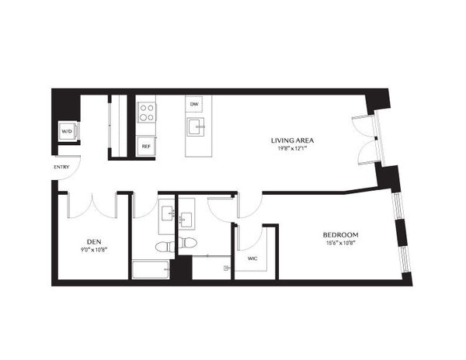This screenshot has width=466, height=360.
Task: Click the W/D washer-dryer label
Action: pyautogui.click(x=67, y=131)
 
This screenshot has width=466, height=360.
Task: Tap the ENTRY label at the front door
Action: pyautogui.click(x=61, y=167)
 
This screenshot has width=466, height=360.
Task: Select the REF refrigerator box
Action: pyautogui.click(x=146, y=147)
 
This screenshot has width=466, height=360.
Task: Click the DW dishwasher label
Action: pyautogui.click(x=194, y=104)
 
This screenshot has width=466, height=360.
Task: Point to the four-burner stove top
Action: pyautogui.click(x=147, y=112)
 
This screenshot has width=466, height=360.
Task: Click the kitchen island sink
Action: pyautogui.click(x=196, y=126)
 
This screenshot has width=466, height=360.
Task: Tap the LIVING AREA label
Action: pyautogui.click(x=293, y=140)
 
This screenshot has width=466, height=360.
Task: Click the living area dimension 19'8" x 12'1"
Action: pyautogui.click(x=293, y=149)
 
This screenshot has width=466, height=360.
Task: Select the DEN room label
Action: pyautogui.click(x=94, y=241)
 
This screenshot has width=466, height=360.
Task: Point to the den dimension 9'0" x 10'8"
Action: pyautogui.click(x=94, y=250)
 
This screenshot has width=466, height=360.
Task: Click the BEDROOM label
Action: pyautogui.click(x=341, y=235)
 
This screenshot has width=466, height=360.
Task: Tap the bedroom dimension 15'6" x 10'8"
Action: pyautogui.click(x=341, y=244)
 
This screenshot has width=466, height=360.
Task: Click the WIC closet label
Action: pyautogui.click(x=252, y=259)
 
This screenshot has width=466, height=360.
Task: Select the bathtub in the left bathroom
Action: pyautogui.click(x=151, y=270)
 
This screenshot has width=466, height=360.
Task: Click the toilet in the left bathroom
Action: pyautogui.click(x=165, y=246)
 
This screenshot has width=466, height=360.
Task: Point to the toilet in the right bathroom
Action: pyautogui.click(x=188, y=242)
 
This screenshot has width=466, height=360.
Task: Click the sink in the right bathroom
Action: pyautogui.click(x=187, y=220)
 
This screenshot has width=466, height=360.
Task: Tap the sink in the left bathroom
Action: pyautogui.click(x=168, y=213)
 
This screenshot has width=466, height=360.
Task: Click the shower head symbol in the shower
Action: pyautogui.click(x=228, y=268)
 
